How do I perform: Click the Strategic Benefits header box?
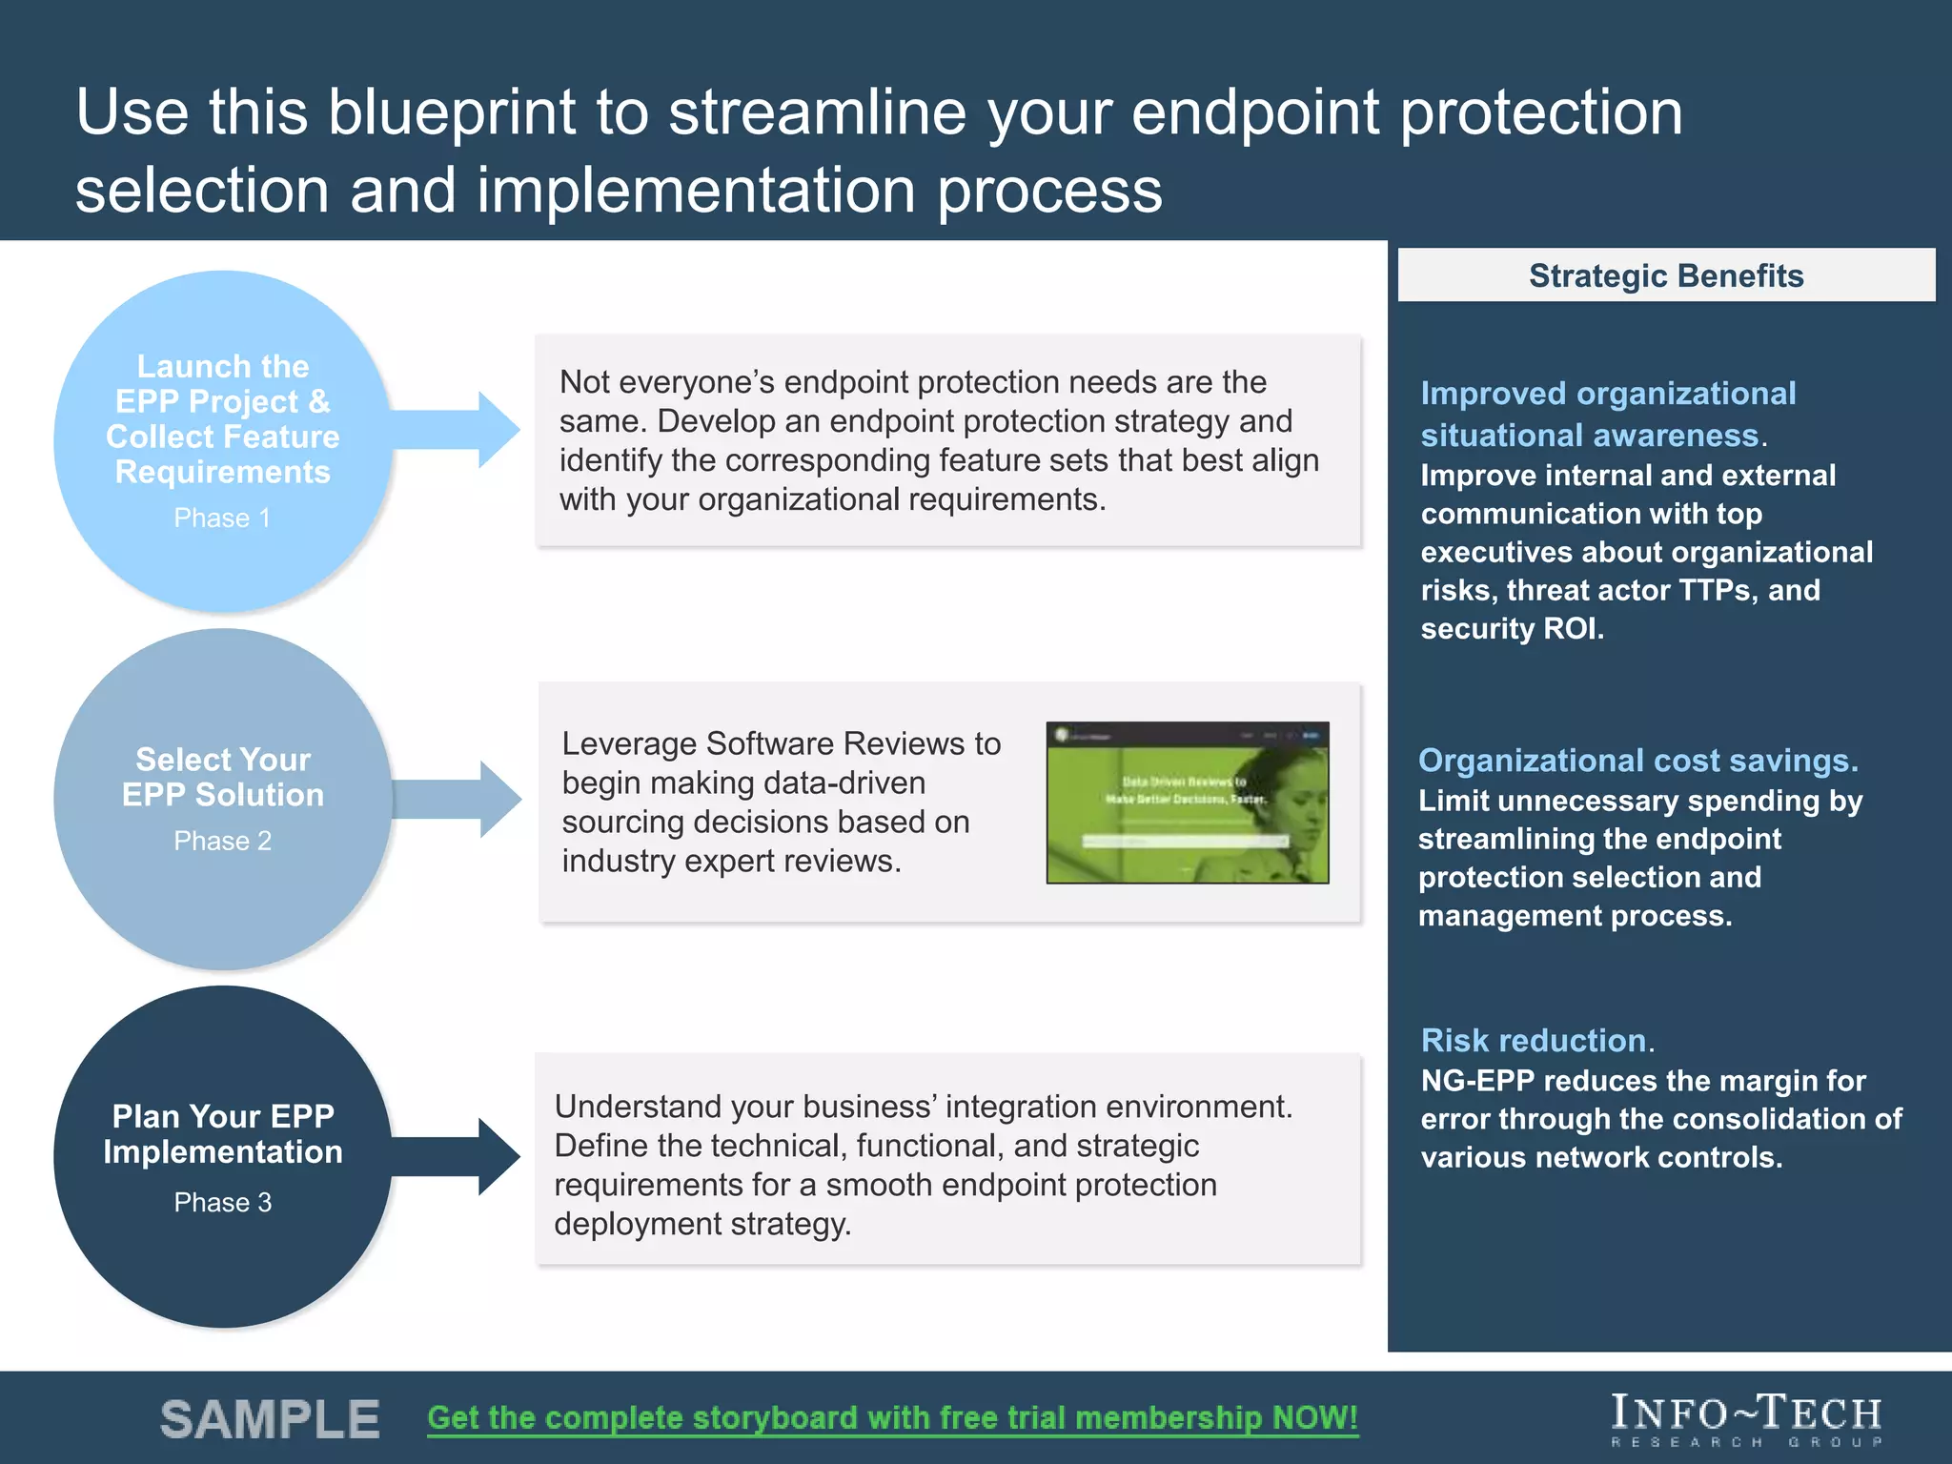pos(1665,275)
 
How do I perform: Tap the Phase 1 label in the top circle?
pos(222,518)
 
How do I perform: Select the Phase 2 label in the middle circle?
pos(222,841)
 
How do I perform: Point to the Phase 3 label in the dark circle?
pos(222,1202)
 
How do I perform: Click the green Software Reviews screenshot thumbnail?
pos(1187,803)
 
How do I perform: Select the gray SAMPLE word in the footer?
pos(270,1419)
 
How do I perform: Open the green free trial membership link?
pos(892,1417)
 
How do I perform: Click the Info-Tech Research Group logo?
pos(1746,1418)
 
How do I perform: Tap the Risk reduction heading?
pos(1534,1040)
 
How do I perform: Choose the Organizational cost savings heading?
pos(1637,760)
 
